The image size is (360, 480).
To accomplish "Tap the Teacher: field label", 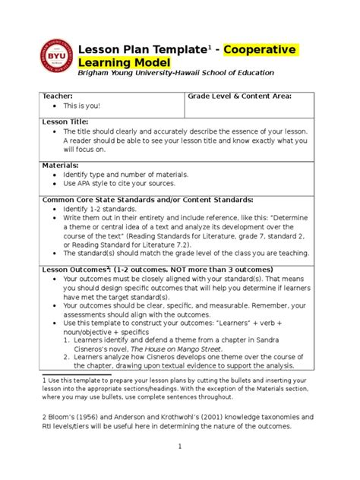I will click(58, 96).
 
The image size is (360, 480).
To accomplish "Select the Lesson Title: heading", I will click(65, 122).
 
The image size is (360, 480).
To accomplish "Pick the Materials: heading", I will click(61, 165).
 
